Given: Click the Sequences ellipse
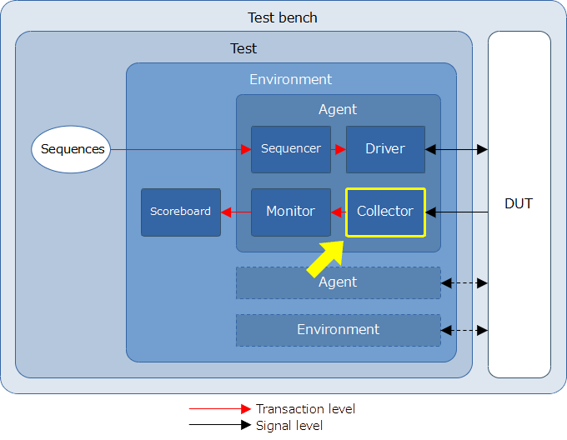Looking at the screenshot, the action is pos(71,149).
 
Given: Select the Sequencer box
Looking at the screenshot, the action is pos(291,149).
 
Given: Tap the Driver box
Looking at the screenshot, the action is pos(385,149).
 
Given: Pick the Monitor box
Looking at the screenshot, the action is pos(291,212).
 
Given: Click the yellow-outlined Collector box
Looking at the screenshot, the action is pos(385,212).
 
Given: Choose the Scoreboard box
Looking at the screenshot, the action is pos(181,212).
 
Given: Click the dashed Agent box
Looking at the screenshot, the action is pos(338,282).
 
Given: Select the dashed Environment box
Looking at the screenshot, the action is pos(338,330).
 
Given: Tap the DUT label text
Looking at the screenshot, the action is pos(519,203).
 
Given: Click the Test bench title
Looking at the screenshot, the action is pos(283,17).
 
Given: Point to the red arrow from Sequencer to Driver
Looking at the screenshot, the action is pos(339,149).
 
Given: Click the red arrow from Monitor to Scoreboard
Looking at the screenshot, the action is pos(236,212).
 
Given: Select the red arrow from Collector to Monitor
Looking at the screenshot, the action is pos(339,212).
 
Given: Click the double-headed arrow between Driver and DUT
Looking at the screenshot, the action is pos(456,149).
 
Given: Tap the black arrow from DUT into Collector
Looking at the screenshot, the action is pos(457,212).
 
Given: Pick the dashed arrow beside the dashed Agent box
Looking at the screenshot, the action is pos(464,283).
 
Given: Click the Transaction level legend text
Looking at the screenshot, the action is pos(305,409).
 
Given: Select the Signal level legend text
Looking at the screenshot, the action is pos(289,426).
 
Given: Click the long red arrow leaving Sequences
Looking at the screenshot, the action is pos(181,149).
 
